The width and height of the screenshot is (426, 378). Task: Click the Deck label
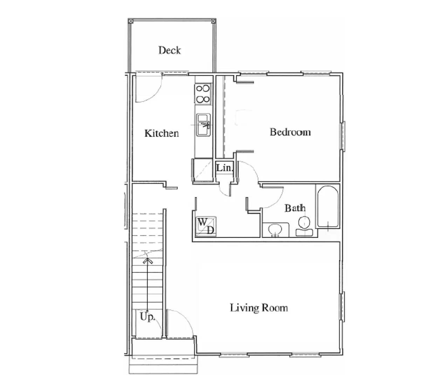click(170, 50)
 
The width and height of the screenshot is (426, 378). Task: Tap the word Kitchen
click(162, 133)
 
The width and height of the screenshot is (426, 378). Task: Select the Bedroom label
click(290, 132)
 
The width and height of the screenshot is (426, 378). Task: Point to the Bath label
click(295, 208)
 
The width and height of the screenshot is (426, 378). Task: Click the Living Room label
click(259, 308)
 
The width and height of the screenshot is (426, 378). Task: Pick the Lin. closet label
click(224, 168)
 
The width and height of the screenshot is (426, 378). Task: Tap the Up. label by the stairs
click(147, 317)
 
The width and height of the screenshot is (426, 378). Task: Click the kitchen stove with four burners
click(203, 94)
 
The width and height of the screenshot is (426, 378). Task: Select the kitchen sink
click(203, 124)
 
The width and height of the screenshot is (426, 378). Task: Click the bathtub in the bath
click(327, 206)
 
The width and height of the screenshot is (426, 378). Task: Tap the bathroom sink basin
click(275, 230)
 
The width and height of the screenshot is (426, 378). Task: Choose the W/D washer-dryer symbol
click(206, 226)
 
